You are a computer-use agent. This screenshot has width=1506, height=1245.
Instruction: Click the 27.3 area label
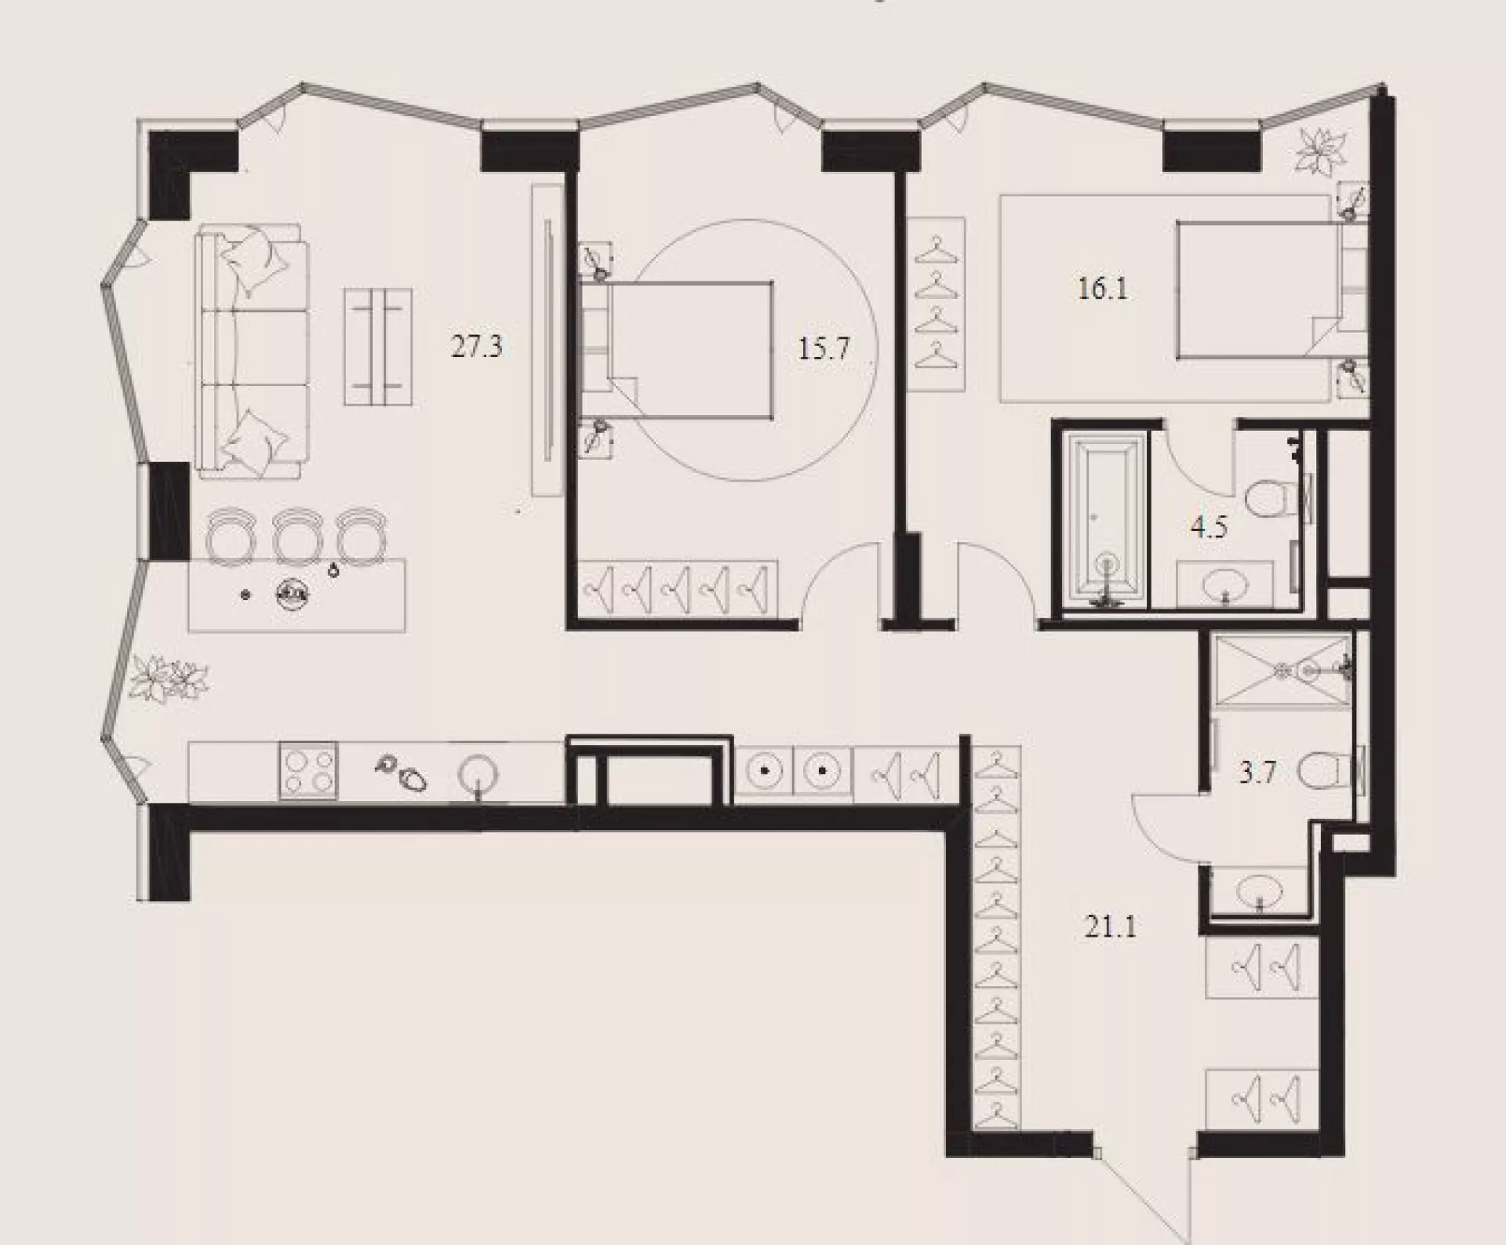point(476,347)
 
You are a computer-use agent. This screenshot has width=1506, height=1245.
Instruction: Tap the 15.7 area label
point(824,348)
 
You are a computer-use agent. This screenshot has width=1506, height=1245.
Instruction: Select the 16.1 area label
point(1102,289)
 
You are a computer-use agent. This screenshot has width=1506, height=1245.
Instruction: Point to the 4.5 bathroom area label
point(1208,527)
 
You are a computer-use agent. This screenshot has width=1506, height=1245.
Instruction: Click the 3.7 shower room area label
point(1258,774)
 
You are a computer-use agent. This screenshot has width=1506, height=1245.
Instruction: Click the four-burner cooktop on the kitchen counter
point(308,770)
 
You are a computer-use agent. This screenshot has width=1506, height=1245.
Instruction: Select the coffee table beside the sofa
point(378,347)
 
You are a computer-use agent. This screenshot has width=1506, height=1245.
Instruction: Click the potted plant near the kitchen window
point(170,679)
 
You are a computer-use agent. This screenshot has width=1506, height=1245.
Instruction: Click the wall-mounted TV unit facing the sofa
point(547,339)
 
